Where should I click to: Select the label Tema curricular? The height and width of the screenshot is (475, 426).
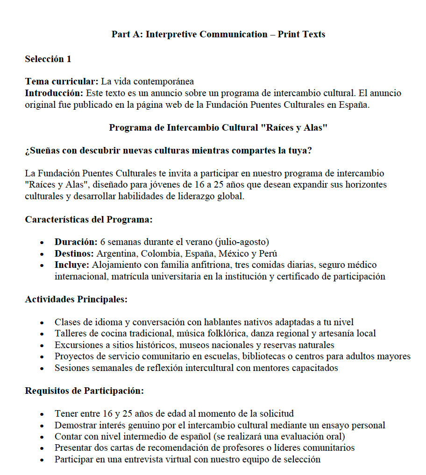pos(62,82)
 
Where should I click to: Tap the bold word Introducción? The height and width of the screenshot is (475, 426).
pos(54,93)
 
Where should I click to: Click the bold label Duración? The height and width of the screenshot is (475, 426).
pos(76,242)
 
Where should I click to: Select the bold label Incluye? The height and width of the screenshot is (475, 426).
pos(72,265)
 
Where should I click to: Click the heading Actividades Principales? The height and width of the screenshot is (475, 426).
pos(76,299)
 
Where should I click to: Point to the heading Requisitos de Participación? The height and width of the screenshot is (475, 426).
pos(84,390)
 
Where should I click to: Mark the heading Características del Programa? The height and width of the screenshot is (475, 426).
pos(89,219)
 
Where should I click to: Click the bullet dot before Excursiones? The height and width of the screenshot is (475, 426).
pos(43,346)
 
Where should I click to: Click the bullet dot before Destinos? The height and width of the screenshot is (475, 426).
pos(43,254)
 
